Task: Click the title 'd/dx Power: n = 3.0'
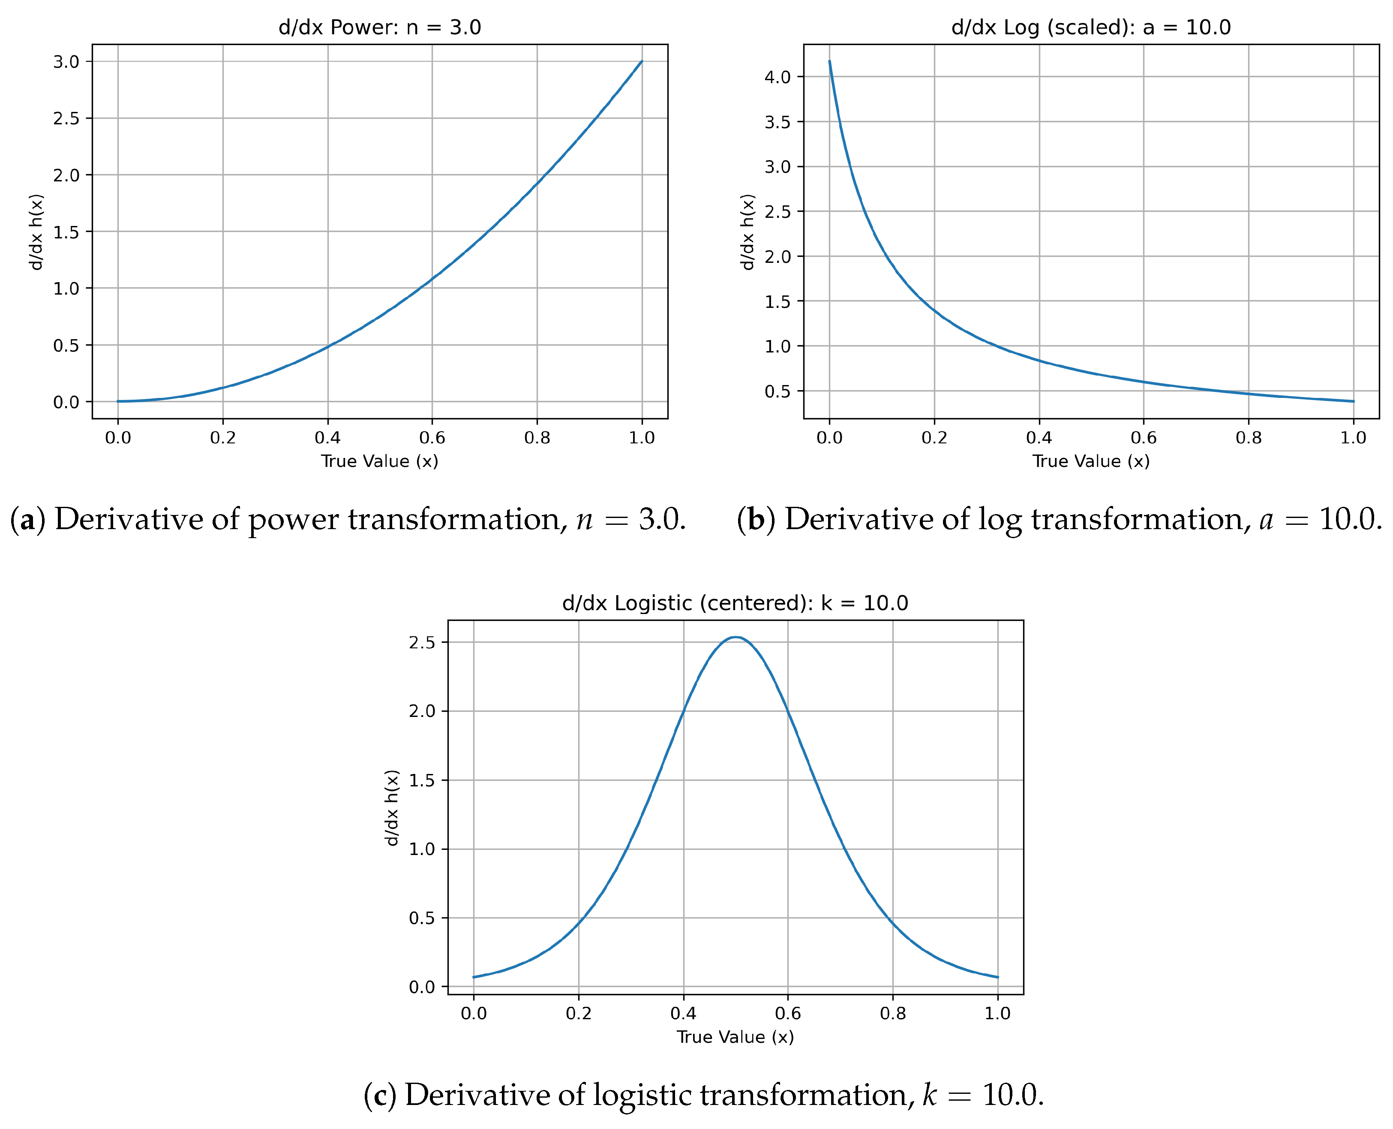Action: [380, 27]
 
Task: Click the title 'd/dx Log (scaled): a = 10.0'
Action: [1091, 27]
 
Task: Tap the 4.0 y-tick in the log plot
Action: [778, 77]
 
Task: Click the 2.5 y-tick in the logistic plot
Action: [421, 643]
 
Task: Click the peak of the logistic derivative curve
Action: [735, 637]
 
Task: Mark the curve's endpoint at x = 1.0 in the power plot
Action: [642, 62]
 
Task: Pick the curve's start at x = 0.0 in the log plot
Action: [829, 62]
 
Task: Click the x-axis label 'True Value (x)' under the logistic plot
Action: [735, 1037]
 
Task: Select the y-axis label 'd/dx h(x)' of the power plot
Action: [36, 232]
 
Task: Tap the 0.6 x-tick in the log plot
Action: [1144, 438]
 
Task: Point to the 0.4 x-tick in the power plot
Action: [327, 438]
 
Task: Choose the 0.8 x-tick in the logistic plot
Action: [892, 1013]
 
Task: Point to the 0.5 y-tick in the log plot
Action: [778, 391]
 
